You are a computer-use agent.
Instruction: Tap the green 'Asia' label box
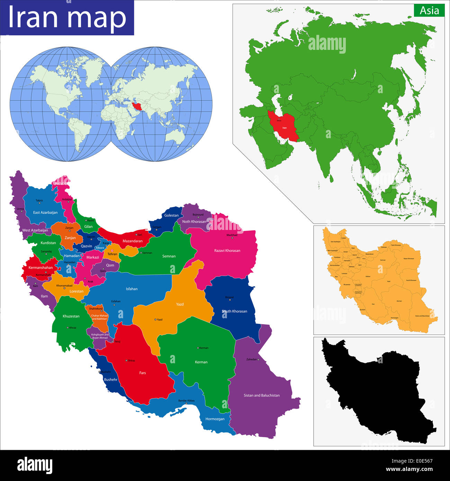(429, 11)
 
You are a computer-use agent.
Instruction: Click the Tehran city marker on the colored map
(112, 250)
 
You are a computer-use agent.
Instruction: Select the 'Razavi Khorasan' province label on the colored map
(227, 250)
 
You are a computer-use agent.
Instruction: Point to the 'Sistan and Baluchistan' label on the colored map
(261, 395)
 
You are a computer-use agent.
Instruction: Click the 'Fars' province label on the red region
(143, 373)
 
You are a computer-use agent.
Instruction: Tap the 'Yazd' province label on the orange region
(180, 304)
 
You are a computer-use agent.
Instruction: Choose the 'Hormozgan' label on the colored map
(215, 419)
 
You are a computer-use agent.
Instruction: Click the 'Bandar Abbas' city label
(186, 401)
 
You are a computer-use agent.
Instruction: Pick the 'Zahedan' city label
(252, 359)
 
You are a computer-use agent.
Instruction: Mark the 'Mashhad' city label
(232, 235)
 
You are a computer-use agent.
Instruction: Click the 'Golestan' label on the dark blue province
(171, 215)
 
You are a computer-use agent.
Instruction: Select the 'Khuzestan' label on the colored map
(71, 316)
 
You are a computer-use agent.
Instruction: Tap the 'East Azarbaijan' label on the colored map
(45, 213)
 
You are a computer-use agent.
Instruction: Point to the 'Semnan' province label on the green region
(169, 256)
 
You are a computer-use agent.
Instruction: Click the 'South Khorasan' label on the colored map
(234, 311)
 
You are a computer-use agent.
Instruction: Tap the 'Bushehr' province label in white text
(111, 380)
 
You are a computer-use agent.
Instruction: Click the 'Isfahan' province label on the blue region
(132, 289)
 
